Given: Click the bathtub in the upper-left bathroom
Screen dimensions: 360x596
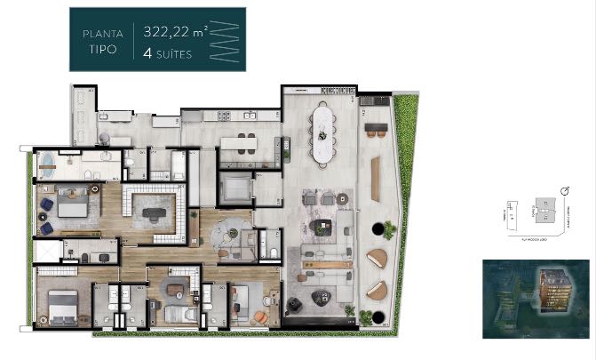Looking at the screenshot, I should [45, 164].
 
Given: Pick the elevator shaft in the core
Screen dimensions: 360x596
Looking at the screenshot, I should [235, 188].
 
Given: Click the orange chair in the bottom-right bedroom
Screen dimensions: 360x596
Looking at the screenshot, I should [260, 316].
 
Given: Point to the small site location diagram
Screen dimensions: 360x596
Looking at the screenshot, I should [533, 216].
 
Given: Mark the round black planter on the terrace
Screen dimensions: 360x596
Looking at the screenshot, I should [388, 230].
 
